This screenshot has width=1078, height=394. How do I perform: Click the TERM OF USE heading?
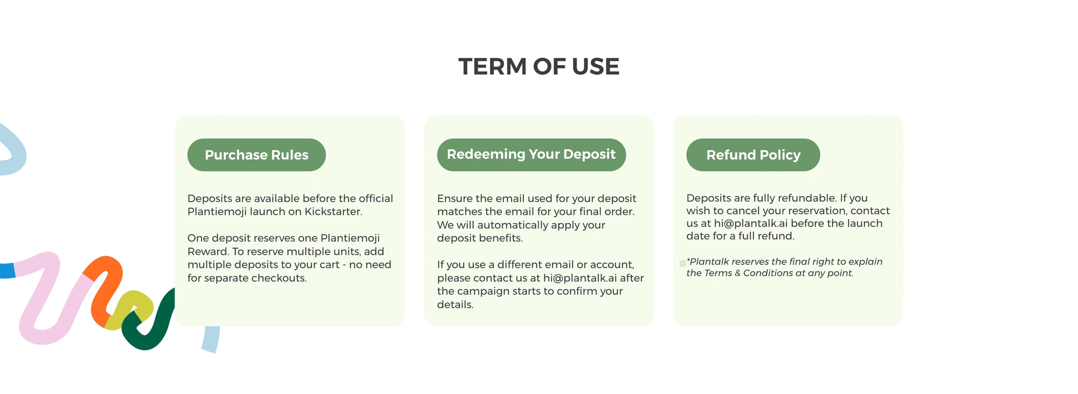pyautogui.click(x=539, y=67)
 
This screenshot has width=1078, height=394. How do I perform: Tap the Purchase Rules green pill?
pyautogui.click(x=257, y=155)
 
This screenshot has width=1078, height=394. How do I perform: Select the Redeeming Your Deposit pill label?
pyautogui.click(x=531, y=154)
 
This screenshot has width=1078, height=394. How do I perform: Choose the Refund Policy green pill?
pyautogui.click(x=753, y=155)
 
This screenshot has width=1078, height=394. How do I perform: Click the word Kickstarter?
pyautogui.click(x=333, y=212)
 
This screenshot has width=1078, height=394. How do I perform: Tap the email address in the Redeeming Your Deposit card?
pyautogui.click(x=580, y=278)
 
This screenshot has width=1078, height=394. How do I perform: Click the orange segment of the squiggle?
pyautogui.click(x=106, y=288)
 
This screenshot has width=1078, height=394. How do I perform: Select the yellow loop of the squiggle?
pyautogui.click(x=129, y=310)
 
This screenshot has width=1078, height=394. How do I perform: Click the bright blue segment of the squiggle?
pyautogui.click(x=7, y=271)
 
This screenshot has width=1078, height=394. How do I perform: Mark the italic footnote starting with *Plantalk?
pyautogui.click(x=784, y=267)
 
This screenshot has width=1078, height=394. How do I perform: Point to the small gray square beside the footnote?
pyautogui.click(x=682, y=263)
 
